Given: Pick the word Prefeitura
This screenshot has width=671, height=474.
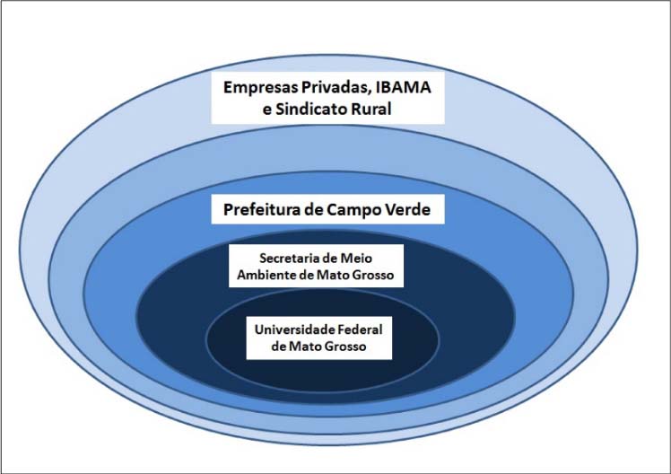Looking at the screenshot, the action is tap(259, 212).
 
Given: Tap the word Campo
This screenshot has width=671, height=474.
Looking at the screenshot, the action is tap(359, 212).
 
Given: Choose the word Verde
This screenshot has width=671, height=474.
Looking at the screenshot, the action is tap(414, 212).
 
